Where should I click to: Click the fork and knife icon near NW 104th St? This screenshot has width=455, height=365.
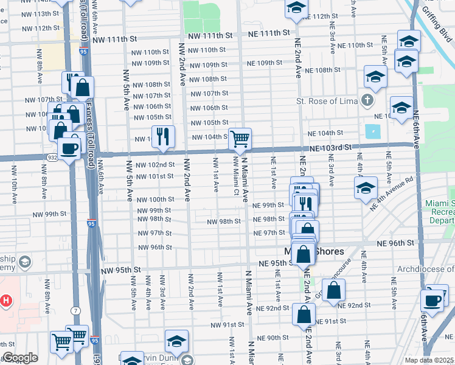pyautogui.click(x=162, y=137)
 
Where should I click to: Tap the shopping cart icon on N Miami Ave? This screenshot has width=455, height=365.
pyautogui.click(x=240, y=139)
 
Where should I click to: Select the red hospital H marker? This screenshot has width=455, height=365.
pyautogui.click(x=7, y=300)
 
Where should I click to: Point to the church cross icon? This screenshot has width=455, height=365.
pyautogui.click(x=367, y=99)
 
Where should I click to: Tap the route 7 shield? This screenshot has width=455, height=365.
pyautogui.click(x=74, y=312)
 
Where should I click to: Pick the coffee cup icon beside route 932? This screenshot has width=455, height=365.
pyautogui.click(x=68, y=148)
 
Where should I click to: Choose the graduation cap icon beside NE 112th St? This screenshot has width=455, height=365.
pyautogui.click(x=296, y=8)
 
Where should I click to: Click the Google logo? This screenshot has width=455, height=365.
pyautogui.click(x=20, y=358)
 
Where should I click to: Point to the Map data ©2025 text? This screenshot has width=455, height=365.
pyautogui.click(x=428, y=360)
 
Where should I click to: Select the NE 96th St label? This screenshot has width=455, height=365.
pyautogui.click(x=395, y=242)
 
